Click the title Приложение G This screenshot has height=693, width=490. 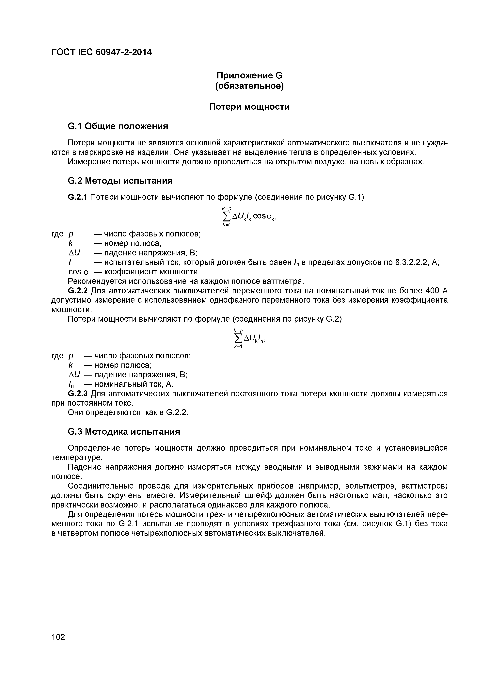pyautogui.click(x=249, y=75)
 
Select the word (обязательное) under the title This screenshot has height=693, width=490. pyautogui.click(x=249, y=86)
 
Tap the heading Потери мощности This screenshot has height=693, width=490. pyautogui.click(x=249, y=107)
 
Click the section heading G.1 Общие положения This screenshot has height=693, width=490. pyautogui.click(x=118, y=126)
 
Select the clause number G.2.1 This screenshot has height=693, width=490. pyautogui.click(x=78, y=197)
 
